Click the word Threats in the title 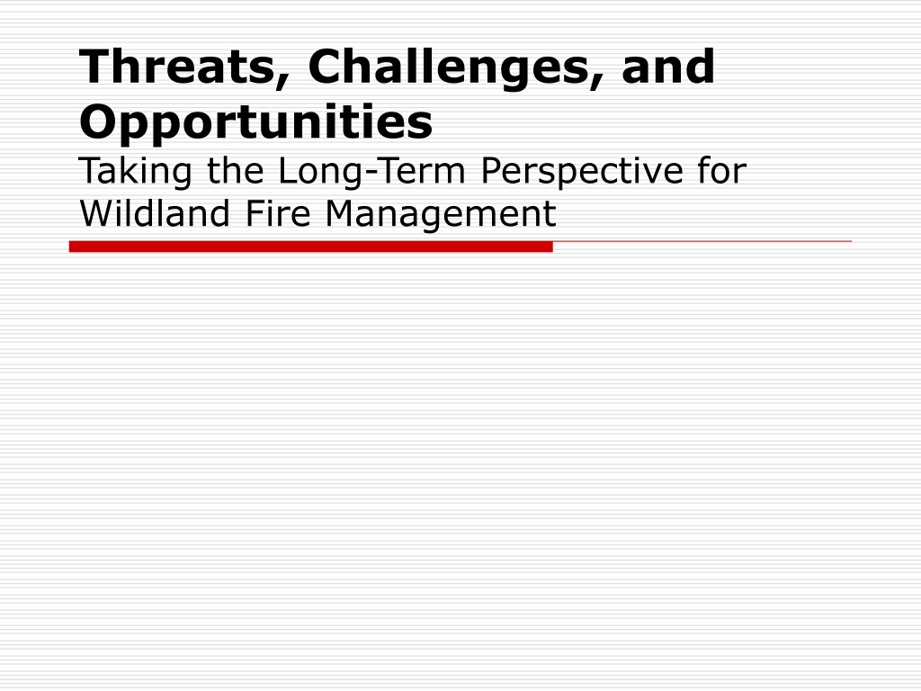click(x=177, y=67)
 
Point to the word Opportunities click(x=256, y=121)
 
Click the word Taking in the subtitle click(x=135, y=172)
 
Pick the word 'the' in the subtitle click(x=236, y=170)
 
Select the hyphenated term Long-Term click(x=371, y=172)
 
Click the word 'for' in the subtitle click(x=722, y=170)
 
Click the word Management click(x=440, y=214)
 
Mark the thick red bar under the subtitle click(x=310, y=247)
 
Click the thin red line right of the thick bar click(x=702, y=241)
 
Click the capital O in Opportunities click(x=101, y=121)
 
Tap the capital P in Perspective click(x=492, y=170)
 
